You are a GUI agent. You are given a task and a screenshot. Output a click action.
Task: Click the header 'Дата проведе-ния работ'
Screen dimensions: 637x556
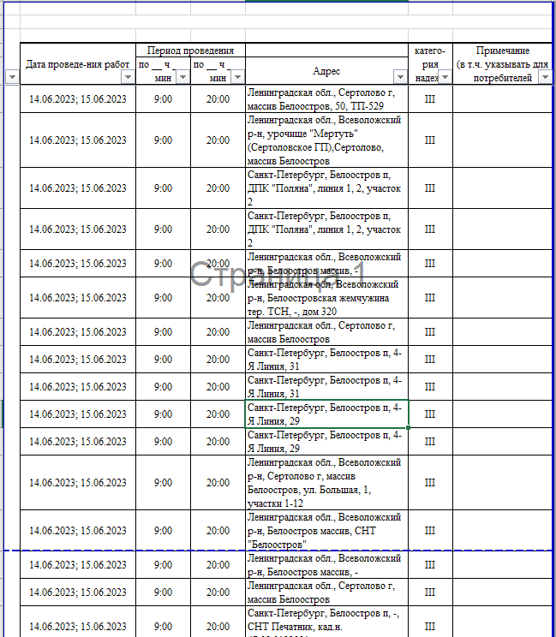tap(78, 64)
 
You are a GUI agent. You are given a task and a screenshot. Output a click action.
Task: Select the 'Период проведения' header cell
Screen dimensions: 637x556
tap(190, 51)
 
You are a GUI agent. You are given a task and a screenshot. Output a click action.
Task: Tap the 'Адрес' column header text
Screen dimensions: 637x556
tap(326, 72)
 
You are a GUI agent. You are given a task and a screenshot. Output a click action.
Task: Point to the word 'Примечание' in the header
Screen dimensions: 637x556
tap(503, 51)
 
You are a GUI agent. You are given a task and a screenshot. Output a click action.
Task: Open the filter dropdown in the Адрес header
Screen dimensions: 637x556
tap(400, 77)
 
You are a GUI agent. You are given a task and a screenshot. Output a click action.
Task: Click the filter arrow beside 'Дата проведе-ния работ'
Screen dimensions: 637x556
tap(128, 77)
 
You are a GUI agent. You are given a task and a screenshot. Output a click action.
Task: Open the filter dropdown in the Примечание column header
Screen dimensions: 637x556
tap(546, 77)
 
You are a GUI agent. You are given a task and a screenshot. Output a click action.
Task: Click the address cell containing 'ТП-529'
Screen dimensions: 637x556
tap(326, 98)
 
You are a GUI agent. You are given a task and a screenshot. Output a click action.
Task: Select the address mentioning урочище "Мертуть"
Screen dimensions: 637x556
tap(326, 140)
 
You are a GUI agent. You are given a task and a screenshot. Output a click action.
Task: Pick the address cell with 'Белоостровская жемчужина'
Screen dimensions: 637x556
tap(326, 297)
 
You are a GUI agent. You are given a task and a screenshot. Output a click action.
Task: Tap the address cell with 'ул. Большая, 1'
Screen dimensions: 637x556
tap(326, 482)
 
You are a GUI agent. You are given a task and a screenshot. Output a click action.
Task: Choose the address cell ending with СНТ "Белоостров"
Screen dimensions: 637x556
tap(326, 530)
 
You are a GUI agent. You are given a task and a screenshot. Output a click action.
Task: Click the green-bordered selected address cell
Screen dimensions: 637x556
tap(326, 414)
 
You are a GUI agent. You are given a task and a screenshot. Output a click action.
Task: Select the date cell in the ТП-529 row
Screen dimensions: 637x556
tap(78, 99)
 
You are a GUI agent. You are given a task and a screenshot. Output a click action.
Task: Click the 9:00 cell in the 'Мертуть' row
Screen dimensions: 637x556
tap(163, 140)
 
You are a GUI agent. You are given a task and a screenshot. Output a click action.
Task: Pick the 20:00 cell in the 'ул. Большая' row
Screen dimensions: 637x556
tap(218, 483)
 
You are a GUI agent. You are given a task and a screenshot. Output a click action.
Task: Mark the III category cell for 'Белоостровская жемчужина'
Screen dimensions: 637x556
tap(430, 298)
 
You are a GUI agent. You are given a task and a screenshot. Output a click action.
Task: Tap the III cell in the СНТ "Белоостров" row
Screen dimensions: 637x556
tap(430, 531)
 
